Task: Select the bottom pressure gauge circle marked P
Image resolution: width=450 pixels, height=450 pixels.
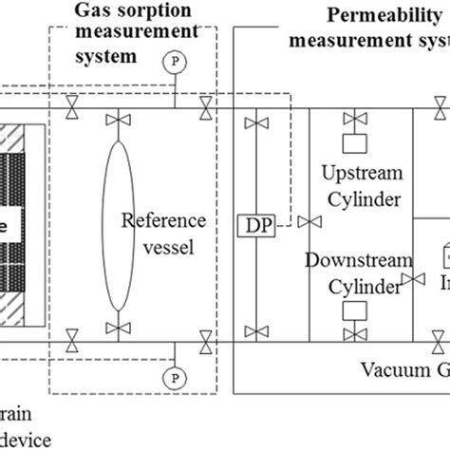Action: [173, 377]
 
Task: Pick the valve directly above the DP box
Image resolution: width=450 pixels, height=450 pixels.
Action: [253, 122]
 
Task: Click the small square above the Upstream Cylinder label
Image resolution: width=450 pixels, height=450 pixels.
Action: [354, 151]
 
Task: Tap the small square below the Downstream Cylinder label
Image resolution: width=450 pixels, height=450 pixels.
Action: [354, 309]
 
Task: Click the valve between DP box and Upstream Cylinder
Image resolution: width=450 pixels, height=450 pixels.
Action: [305, 222]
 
